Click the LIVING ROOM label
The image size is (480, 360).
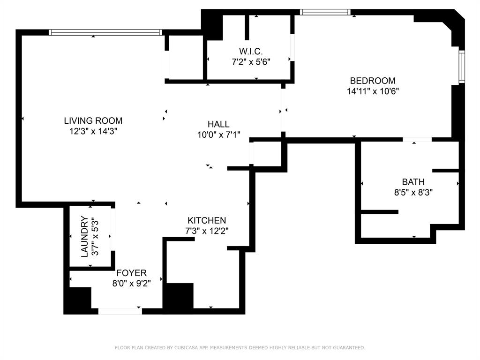point(93,121)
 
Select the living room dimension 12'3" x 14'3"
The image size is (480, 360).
point(93,132)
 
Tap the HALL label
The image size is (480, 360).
point(218,124)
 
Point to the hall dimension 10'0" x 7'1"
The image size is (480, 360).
point(218,135)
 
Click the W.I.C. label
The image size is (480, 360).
point(251,51)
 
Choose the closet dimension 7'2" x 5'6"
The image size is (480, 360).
point(251,61)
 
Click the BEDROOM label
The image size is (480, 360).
point(373,81)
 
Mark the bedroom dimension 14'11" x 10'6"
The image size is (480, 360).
point(373,91)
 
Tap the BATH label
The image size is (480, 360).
point(413,182)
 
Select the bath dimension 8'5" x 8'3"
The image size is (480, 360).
point(413,192)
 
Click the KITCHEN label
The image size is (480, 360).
point(207,220)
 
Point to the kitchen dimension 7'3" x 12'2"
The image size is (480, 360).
point(207,231)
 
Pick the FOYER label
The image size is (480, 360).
point(132,273)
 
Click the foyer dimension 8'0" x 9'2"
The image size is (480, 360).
point(132,283)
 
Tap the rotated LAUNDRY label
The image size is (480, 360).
point(85,236)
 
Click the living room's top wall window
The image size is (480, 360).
point(105,32)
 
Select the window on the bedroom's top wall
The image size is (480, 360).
point(325,12)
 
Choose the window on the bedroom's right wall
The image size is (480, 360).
point(461,67)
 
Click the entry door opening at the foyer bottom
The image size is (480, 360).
point(120,310)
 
